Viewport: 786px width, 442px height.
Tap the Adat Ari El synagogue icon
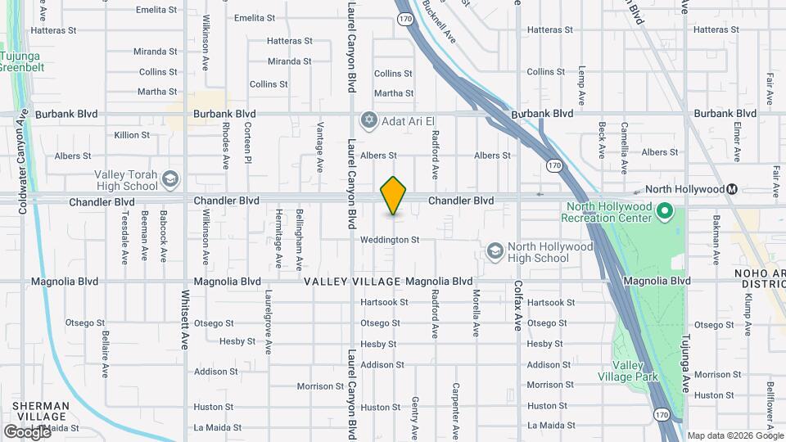click(x=368, y=120)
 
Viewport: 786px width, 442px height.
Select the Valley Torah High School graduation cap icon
click(x=170, y=179)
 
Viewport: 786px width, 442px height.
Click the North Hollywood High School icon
click(x=495, y=251)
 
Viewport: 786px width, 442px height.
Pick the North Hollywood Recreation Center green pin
click(x=666, y=212)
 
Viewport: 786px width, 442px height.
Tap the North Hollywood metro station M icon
click(x=733, y=189)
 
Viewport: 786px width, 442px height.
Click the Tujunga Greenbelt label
click(x=22, y=61)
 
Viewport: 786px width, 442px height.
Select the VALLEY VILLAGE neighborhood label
click(x=352, y=282)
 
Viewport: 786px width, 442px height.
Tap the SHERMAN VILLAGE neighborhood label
click(x=41, y=411)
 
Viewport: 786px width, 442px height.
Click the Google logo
click(x=27, y=431)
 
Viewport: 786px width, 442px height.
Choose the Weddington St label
click(x=390, y=240)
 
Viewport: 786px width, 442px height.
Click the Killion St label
click(x=132, y=135)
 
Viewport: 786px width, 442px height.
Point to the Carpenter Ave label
click(x=454, y=408)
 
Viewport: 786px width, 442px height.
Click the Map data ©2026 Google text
click(x=734, y=435)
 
